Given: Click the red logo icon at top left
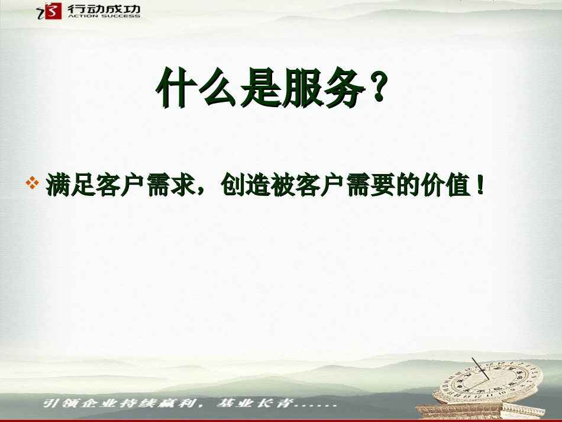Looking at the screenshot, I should (x=53, y=11).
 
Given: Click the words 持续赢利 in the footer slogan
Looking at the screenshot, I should (x=168, y=404).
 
